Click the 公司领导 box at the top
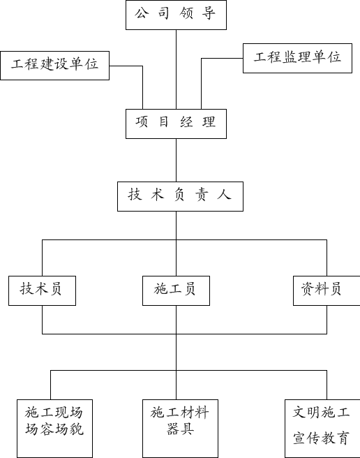point(176,15)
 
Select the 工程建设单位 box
point(55,66)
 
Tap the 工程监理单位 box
point(297,58)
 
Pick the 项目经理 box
point(176,124)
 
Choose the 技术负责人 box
point(180,196)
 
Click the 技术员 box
point(43,290)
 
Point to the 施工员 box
point(176,290)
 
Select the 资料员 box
point(327,290)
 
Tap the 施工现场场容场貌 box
point(55,429)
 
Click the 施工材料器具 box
point(180,429)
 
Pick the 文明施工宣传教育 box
point(322,429)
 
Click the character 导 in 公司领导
point(209,13)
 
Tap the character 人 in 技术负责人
point(224,194)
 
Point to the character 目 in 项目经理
point(163,121)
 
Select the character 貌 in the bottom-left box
point(77,429)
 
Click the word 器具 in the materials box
point(180,429)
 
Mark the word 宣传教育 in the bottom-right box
point(321,438)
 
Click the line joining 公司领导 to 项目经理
point(176,70)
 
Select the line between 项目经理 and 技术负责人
point(176,161)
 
